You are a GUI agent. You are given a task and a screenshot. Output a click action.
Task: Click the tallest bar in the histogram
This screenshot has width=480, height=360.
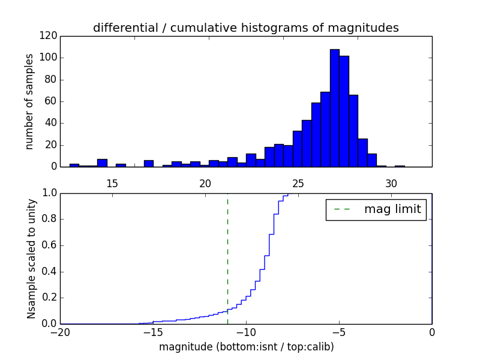[x=335, y=108]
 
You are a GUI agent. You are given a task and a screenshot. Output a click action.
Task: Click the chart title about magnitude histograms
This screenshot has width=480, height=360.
[x=246, y=28]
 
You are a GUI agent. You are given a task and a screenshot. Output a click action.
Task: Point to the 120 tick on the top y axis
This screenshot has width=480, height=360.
[x=49, y=36]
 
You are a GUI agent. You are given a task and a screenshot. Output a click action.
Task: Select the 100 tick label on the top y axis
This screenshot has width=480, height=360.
[x=49, y=58]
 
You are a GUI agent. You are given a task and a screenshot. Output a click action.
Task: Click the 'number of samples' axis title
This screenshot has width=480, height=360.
[x=29, y=101]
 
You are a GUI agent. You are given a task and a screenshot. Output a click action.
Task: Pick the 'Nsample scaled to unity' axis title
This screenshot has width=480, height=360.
[x=31, y=259]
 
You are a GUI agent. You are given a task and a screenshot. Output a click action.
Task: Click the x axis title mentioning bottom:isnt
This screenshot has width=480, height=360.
[x=247, y=347]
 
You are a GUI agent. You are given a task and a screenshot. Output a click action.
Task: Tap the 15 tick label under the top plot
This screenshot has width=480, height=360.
[x=112, y=184]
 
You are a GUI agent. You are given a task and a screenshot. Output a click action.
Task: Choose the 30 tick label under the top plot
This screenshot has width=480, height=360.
[x=391, y=184]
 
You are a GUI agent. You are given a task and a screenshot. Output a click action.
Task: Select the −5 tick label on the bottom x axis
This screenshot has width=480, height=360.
[x=339, y=332]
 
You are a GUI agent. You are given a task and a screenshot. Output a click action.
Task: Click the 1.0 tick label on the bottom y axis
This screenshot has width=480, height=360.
[x=49, y=193]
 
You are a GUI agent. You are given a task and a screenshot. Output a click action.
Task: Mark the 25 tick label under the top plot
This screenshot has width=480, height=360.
[x=298, y=184]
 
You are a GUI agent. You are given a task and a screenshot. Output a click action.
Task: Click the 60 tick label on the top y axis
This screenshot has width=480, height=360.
[x=51, y=101]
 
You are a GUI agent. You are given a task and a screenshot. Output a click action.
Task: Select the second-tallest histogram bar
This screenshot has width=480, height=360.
[x=344, y=112]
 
